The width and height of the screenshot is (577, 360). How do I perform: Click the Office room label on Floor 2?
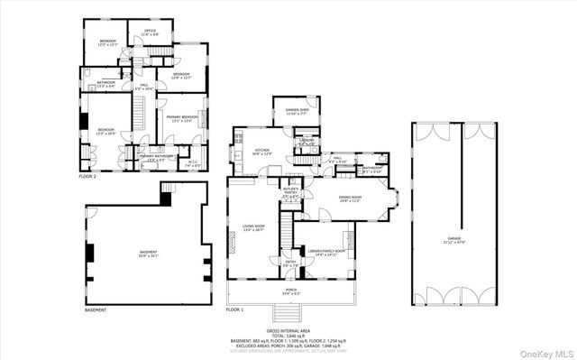[150, 32]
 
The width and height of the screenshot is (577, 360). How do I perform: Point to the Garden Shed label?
[298, 112]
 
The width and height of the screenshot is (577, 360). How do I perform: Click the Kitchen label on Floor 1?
[262, 152]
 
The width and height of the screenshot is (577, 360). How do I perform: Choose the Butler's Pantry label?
[291, 193]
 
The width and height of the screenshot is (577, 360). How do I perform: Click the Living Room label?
[253, 227]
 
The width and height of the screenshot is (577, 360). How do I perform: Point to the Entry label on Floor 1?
[290, 263]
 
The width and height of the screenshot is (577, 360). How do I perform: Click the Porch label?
[291, 291]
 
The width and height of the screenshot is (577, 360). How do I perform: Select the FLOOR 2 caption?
[87, 177]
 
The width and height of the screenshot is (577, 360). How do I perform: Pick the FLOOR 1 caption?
[234, 309]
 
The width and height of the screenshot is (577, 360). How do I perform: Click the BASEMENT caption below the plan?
[95, 309]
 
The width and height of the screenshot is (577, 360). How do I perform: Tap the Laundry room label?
[307, 141]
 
